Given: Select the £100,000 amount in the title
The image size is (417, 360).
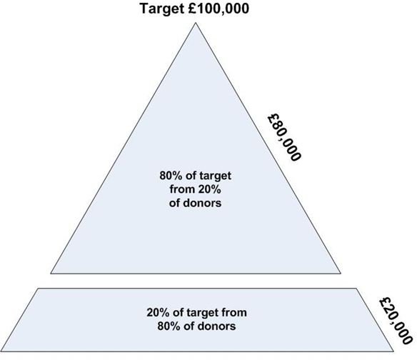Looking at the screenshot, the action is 218,9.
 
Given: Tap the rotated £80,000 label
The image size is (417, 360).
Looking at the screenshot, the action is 284,137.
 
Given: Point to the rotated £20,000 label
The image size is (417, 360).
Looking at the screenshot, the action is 396,320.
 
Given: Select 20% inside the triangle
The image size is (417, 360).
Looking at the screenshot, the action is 209,189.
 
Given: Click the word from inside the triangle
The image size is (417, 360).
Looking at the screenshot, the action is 183,189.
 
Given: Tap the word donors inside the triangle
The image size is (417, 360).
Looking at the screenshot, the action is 203,203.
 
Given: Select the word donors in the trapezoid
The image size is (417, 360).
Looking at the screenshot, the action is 217,326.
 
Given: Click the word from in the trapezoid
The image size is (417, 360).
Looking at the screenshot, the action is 234,312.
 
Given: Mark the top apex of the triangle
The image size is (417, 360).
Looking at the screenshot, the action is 196,23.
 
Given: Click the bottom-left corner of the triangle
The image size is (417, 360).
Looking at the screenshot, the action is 51,274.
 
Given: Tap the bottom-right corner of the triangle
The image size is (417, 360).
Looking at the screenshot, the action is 341,274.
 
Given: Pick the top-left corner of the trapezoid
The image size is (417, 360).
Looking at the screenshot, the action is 38,289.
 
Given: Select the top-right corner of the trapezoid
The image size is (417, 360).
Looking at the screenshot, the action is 356,289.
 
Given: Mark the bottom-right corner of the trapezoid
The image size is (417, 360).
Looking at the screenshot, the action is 393,351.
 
